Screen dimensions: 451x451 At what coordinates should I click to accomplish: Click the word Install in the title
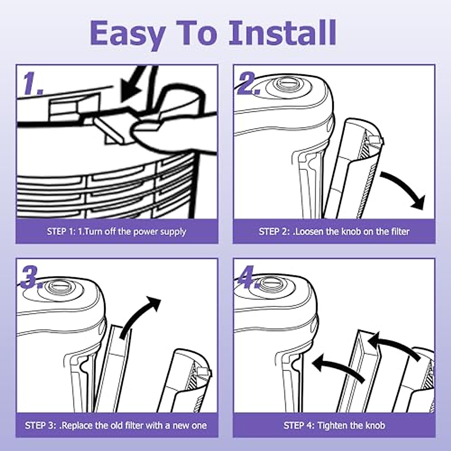pos(283,33)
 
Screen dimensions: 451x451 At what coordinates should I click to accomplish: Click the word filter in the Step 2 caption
pos(400,232)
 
